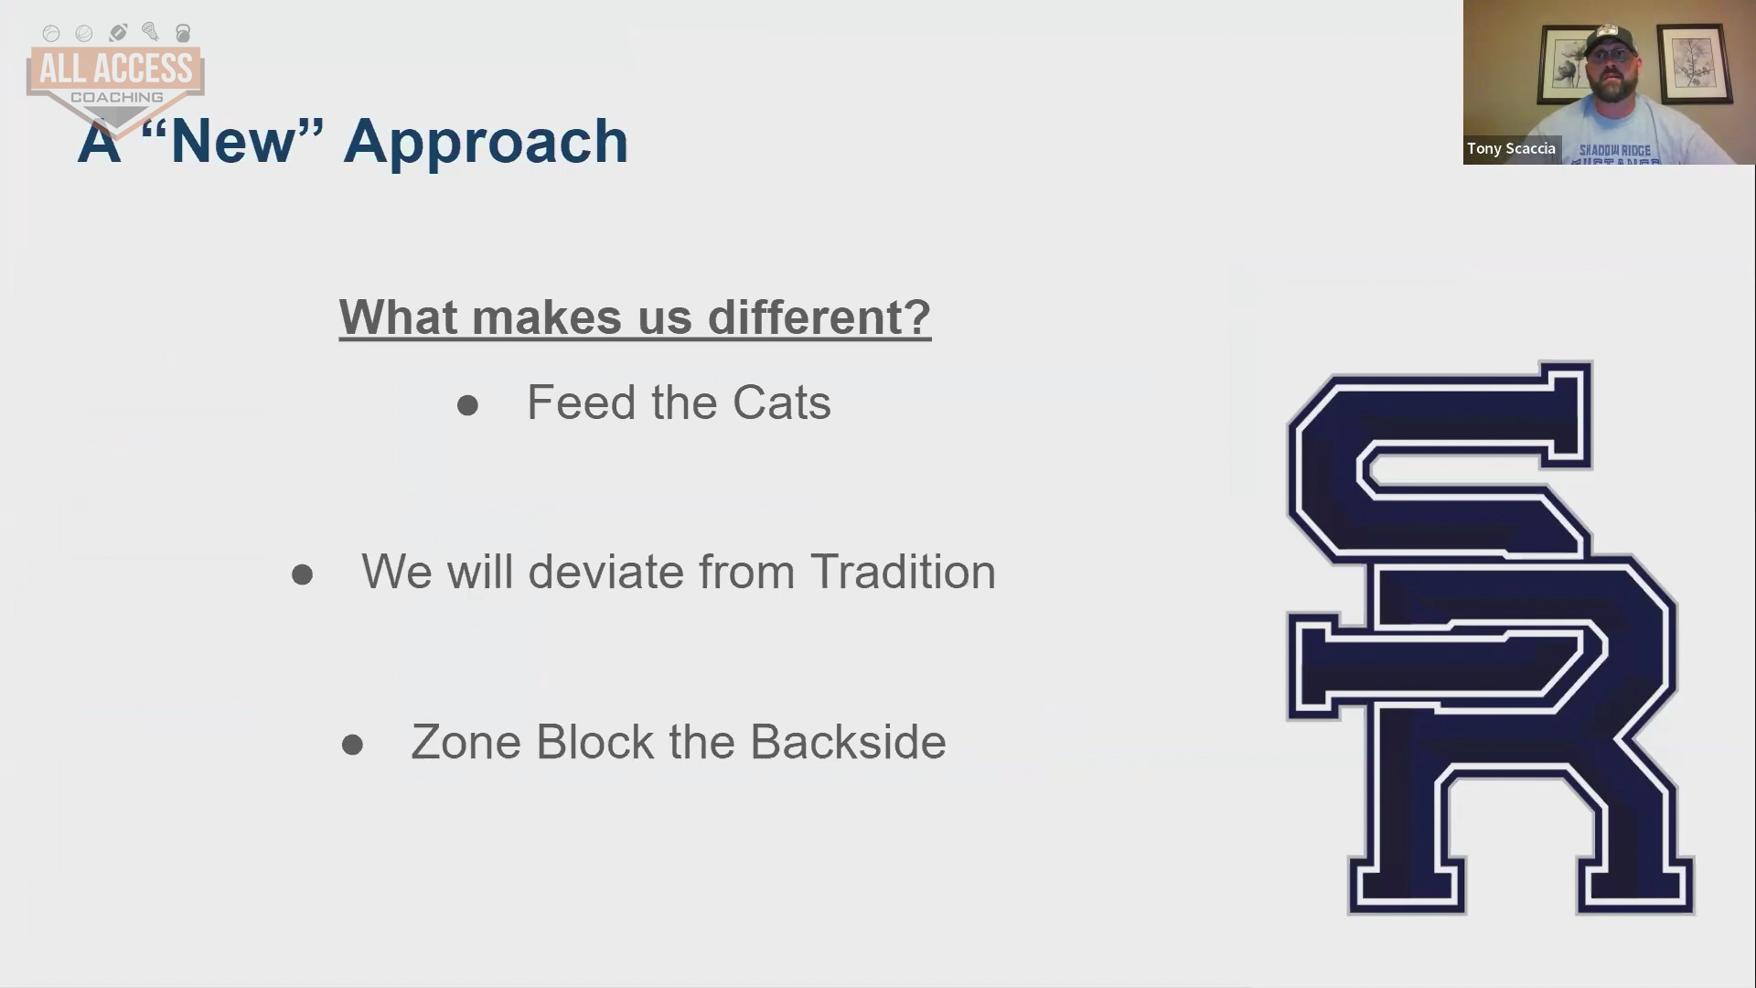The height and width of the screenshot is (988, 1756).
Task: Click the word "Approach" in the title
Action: [x=486, y=143]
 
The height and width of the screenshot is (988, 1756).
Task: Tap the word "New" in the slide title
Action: [x=233, y=141]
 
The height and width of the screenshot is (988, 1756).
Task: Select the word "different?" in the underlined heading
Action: [x=819, y=317]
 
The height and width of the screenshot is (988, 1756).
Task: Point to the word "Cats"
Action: [x=782, y=403]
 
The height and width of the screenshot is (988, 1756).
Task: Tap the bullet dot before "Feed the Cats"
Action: [x=467, y=405]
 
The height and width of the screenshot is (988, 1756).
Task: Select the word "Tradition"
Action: [x=903, y=572]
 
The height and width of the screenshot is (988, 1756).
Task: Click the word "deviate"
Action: [x=606, y=572]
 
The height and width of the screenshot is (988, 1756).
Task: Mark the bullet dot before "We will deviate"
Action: [x=302, y=575]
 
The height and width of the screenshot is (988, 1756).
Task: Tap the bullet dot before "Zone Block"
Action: [x=352, y=745]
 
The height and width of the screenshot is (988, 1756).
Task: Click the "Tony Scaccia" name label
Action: [x=1511, y=148]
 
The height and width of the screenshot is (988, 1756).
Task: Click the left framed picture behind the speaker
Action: [x=1569, y=63]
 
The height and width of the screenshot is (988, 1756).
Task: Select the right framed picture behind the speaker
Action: [x=1695, y=63]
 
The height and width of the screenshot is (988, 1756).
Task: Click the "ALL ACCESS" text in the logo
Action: [x=115, y=69]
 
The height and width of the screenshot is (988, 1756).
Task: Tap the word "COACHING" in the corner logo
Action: [x=116, y=97]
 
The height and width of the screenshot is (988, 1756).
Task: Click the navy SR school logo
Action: [x=1491, y=639]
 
